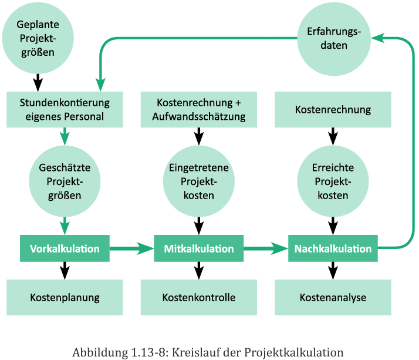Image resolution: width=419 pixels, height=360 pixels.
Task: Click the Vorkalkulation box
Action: [65, 248]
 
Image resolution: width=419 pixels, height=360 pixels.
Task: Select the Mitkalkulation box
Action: [198, 248]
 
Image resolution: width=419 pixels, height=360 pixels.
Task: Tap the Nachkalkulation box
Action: [333, 248]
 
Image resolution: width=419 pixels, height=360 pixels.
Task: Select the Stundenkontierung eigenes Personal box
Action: [65, 109]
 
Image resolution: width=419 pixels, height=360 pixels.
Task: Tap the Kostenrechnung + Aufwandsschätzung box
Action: [198, 109]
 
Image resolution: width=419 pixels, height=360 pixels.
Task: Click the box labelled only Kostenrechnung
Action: [333, 109]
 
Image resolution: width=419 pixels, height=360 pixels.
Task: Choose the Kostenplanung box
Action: [65, 297]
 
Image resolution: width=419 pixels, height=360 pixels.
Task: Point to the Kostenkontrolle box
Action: [198, 297]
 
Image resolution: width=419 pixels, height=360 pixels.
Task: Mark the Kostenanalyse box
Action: [333, 297]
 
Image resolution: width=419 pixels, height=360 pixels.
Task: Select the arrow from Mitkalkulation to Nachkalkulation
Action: [265, 248]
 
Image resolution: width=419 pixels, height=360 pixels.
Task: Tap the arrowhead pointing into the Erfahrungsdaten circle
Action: [377, 38]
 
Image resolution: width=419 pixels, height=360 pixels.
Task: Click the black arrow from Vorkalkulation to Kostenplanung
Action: [65, 270]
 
